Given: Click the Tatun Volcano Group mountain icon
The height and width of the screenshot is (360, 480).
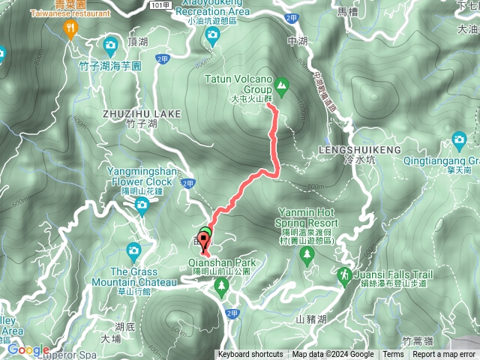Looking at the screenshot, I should (281, 87).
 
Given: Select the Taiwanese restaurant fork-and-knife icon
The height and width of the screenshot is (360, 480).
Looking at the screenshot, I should (71, 29).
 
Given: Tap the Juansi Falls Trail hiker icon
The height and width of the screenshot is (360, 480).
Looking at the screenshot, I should (344, 275).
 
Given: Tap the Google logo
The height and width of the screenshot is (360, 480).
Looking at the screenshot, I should (28, 349).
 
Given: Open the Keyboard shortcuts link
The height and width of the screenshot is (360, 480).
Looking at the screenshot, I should (250, 355).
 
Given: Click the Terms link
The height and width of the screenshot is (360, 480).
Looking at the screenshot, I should (393, 355).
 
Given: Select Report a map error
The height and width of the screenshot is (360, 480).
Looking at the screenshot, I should (444, 355).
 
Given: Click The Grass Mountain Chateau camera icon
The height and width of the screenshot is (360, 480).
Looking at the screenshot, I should (133, 250).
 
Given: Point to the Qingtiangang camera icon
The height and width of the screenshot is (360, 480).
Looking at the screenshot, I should (460, 139).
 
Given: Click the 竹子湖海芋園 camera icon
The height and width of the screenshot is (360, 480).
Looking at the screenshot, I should (111, 45).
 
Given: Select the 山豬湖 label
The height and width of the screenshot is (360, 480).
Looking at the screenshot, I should (311, 319).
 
